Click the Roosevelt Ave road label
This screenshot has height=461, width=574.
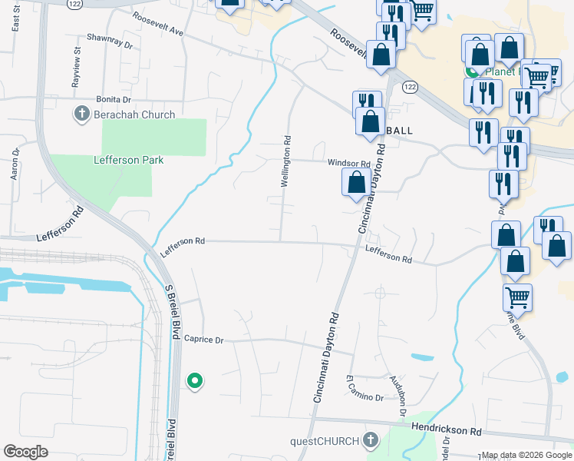(x=158, y=24)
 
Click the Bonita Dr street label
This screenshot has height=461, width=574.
(x=114, y=100)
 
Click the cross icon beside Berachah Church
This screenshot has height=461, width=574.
(x=81, y=114)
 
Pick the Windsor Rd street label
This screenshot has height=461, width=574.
(x=349, y=164)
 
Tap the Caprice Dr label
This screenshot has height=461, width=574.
(x=203, y=339)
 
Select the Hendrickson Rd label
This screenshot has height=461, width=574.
(x=445, y=431)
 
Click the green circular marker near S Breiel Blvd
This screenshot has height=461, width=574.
(x=195, y=380)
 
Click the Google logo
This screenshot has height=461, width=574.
(x=26, y=452)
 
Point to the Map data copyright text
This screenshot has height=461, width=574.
(x=526, y=455)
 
